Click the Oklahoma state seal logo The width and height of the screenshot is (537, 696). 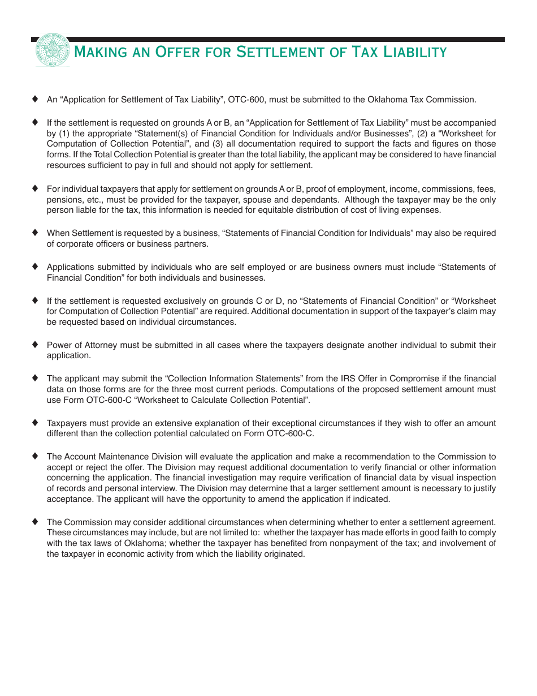(x=53, y=50)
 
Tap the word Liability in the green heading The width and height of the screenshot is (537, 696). (x=415, y=53)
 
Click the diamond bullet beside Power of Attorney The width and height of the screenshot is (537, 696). (x=35, y=344)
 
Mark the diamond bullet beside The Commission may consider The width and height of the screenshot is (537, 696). (x=35, y=521)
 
